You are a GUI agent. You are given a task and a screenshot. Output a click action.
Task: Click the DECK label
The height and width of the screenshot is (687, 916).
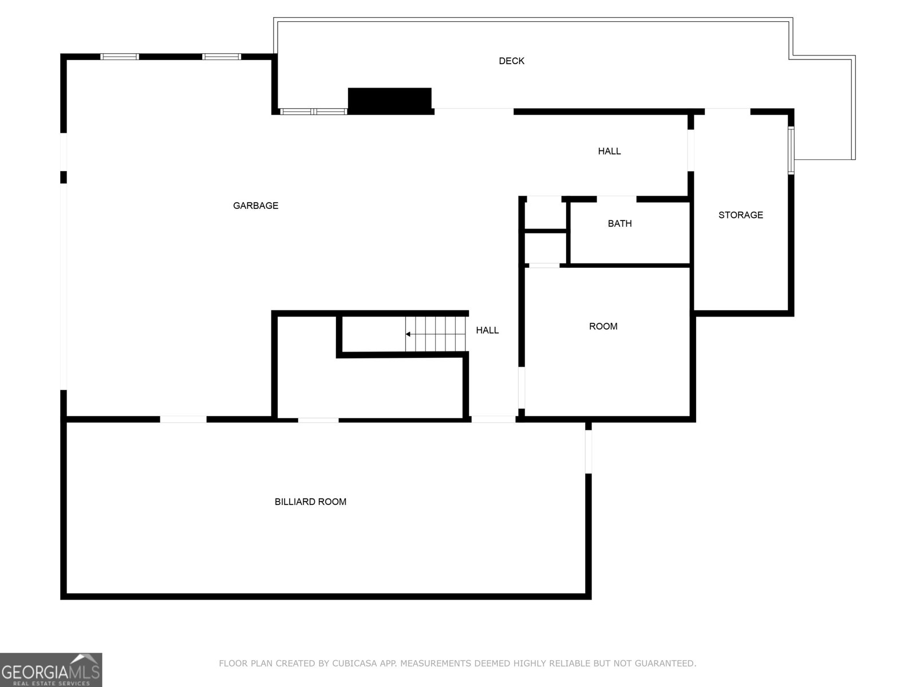(511, 61)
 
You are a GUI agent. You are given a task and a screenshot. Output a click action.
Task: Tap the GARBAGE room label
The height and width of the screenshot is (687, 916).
(255, 205)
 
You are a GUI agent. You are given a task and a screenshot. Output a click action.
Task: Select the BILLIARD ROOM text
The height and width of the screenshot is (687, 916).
(310, 502)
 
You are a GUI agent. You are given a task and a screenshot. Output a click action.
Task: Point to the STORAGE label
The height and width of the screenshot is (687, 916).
(740, 215)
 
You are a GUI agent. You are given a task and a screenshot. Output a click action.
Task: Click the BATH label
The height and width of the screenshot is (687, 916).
(619, 223)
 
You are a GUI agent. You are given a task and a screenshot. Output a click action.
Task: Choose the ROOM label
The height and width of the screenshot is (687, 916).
(603, 326)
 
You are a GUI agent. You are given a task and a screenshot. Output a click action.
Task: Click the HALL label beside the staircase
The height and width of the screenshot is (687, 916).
(487, 330)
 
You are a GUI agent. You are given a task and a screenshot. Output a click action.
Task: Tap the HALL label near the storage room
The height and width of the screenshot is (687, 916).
(609, 151)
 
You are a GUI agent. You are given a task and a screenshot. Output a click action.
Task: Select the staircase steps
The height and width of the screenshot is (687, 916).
(435, 334)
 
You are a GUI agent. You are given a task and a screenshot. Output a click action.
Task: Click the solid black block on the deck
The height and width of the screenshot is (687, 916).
(390, 101)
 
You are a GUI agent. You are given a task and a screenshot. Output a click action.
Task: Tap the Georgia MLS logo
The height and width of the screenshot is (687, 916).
(51, 670)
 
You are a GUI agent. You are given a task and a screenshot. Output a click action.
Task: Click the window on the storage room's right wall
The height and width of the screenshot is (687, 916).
(791, 150)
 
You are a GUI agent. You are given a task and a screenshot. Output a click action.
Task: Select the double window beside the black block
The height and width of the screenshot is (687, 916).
(313, 112)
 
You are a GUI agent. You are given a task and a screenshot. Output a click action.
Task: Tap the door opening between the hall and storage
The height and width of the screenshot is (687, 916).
(690, 150)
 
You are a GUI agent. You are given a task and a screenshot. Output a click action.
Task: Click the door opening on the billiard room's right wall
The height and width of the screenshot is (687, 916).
(588, 451)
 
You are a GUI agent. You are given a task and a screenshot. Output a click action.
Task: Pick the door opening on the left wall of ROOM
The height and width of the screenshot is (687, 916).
(521, 388)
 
